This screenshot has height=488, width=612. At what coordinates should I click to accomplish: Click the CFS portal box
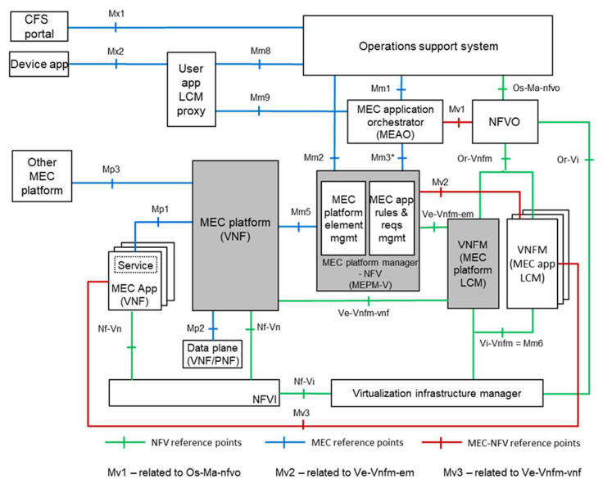click(39, 26)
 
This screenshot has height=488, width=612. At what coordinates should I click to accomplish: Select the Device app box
click(39, 64)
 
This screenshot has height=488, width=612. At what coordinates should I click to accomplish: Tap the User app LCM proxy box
click(191, 89)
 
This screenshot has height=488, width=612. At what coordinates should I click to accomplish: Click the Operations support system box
click(428, 46)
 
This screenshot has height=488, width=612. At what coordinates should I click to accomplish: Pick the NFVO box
click(505, 122)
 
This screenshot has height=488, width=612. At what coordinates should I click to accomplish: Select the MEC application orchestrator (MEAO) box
click(395, 122)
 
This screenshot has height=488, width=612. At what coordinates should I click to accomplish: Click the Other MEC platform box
click(42, 176)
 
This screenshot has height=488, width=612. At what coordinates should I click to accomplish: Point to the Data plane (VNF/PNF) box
click(212, 354)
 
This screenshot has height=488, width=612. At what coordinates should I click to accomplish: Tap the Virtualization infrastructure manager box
click(437, 393)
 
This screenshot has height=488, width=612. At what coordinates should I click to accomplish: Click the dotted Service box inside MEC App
click(135, 265)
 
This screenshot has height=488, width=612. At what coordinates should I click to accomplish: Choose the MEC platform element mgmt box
click(343, 218)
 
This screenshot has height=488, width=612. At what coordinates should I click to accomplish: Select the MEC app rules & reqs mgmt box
click(392, 218)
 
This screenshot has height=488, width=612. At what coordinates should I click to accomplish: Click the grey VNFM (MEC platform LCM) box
click(473, 264)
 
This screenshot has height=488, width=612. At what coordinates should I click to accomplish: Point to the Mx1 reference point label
click(116, 14)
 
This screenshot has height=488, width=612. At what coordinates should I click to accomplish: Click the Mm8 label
click(261, 51)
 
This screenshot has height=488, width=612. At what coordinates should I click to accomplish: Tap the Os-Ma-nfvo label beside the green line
click(536, 88)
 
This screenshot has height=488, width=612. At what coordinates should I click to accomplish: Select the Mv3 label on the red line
click(301, 413)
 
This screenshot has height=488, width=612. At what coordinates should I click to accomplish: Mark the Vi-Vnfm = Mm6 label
click(511, 343)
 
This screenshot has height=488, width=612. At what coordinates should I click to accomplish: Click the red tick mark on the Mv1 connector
click(459, 122)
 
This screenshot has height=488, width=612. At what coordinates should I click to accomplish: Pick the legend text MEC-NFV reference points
click(524, 443)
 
